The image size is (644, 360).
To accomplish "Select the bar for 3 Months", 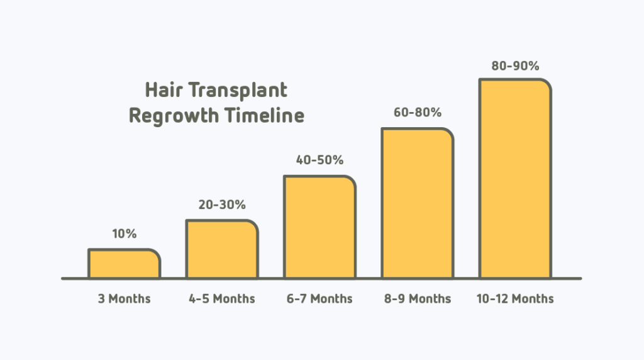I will coord(125,264).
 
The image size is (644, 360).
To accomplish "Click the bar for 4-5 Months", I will coord(222,249).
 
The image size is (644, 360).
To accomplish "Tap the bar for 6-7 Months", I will coord(319,227).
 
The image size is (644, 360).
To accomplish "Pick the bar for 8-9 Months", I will coord(418,203).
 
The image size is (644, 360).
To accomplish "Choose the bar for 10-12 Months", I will coord(515,178).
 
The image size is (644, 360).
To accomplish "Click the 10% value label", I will coord(125,234).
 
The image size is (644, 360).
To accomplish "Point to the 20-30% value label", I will coord(222,205).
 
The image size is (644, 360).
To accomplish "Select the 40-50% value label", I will coord(320,160).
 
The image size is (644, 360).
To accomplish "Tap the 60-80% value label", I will coord(418,113).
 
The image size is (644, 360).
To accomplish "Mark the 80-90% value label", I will coord(516,65).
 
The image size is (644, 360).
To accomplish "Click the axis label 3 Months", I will coord(125,298).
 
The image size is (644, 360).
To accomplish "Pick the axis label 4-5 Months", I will coord(222,298).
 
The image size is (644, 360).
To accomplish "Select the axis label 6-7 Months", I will coord(319,298).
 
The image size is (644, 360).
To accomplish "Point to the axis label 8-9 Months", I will coord(418,298).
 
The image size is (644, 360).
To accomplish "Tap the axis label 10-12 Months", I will coord(515,298).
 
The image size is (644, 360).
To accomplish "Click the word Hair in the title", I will coord(162,90).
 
